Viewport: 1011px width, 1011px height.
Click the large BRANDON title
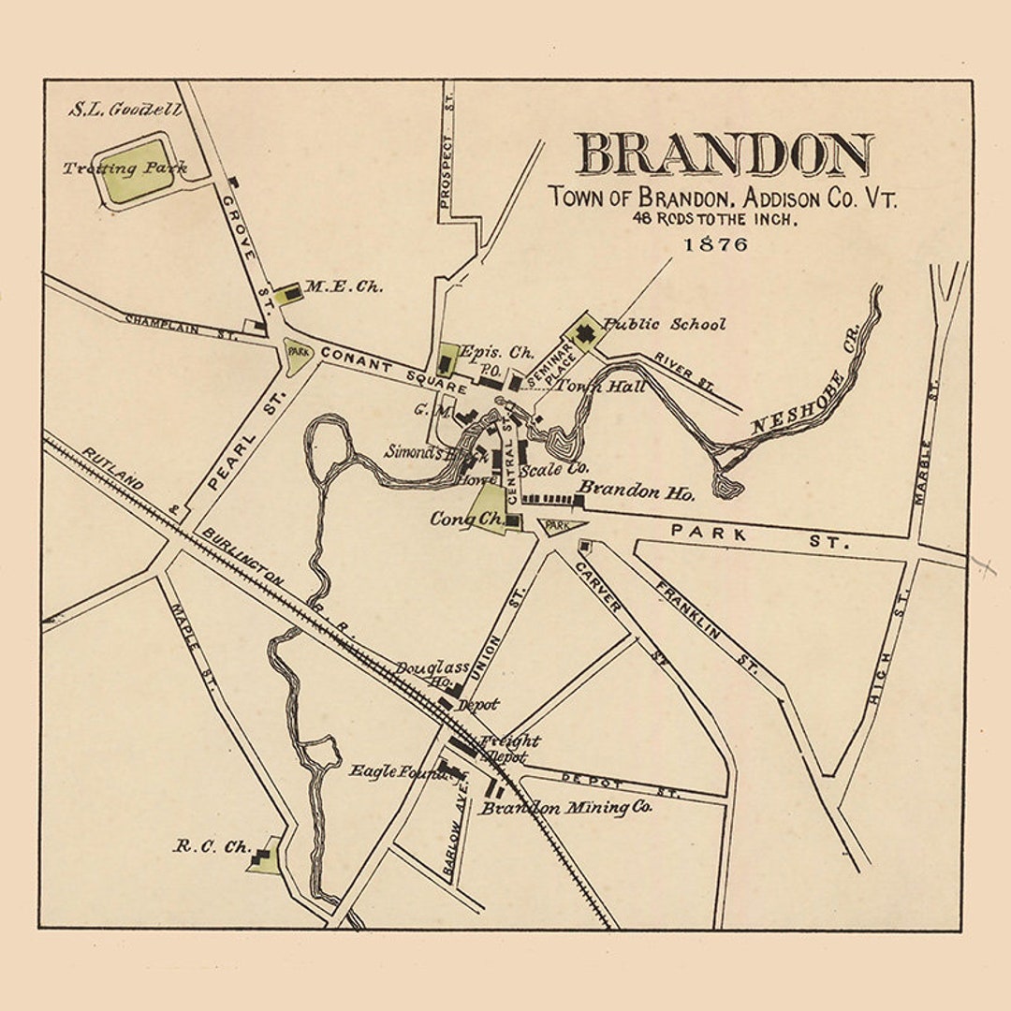[723, 154]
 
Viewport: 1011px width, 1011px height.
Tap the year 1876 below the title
[716, 244]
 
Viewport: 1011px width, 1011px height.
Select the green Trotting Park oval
[137, 171]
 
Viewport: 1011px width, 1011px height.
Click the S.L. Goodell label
[125, 110]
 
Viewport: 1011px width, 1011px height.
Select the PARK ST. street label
[759, 536]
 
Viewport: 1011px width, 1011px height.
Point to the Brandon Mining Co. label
[566, 807]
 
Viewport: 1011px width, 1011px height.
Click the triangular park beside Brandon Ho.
[560, 526]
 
